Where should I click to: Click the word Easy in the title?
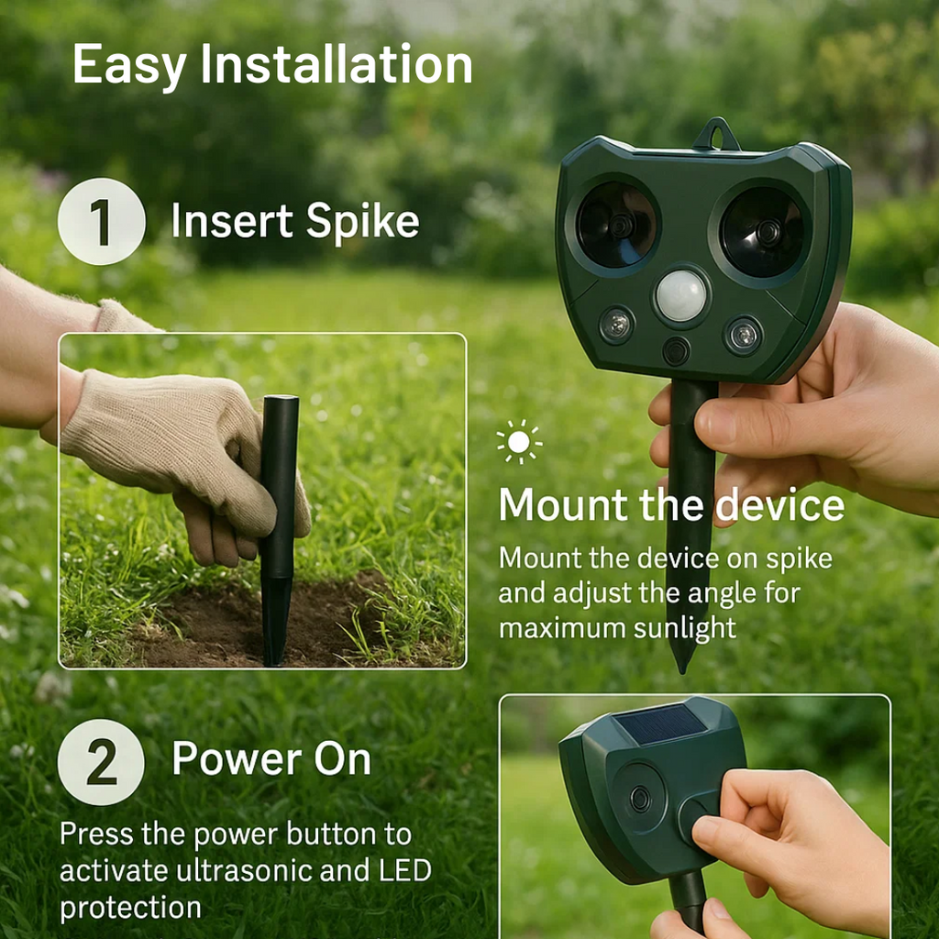[x=129, y=66]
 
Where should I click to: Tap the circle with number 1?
[x=101, y=222]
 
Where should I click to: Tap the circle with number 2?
[x=101, y=762]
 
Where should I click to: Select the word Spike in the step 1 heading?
[x=362, y=223]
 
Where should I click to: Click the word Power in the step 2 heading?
[x=237, y=758]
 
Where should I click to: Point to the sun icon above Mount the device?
[x=519, y=442]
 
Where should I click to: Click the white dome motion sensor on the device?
[x=681, y=296]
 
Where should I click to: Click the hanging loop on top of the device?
[x=717, y=134]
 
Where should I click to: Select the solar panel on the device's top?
[x=661, y=724]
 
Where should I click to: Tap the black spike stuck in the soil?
[x=279, y=530]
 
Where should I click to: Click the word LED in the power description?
[x=405, y=871]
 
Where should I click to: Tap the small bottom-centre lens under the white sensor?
[x=676, y=351]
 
